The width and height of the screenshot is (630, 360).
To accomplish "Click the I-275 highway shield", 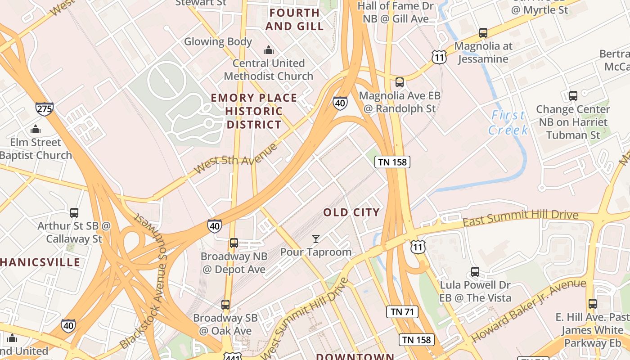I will point(45,109).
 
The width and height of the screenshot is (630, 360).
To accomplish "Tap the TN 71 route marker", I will point(402,311).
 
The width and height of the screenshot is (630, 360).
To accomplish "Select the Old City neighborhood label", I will point(351,212).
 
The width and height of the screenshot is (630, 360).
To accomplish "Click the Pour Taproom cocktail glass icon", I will point(316,239).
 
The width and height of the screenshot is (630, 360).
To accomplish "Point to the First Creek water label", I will point(508,122).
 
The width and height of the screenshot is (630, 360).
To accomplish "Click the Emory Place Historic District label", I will point(254,111).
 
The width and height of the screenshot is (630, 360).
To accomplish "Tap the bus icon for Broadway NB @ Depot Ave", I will point(234,243).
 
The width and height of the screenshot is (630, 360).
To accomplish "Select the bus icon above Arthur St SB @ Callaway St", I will point(74,212).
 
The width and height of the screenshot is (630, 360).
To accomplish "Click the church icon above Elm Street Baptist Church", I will point(36,130).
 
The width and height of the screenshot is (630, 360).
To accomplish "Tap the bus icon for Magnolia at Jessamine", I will point(483,33).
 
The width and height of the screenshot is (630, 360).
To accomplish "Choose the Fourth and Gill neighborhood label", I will point(294,19).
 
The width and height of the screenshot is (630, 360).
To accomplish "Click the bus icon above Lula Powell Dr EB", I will point(475,272).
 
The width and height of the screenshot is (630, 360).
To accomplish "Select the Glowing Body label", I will point(218,42).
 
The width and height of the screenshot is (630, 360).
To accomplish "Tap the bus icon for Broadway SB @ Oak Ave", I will point(225,305).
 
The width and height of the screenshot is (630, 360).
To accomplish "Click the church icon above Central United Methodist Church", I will point(269,50).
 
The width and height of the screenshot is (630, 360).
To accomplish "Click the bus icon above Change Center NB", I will point(573,96).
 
